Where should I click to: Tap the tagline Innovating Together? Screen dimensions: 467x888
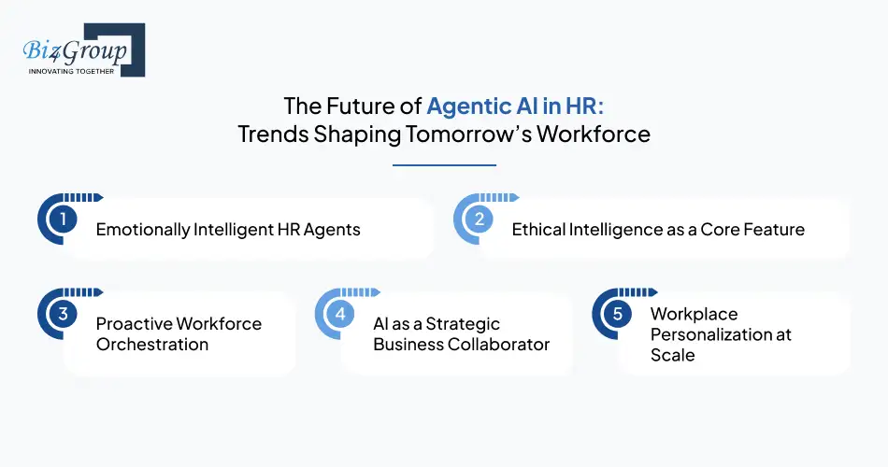click(x=72, y=71)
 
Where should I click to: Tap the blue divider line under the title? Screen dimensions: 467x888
click(x=444, y=165)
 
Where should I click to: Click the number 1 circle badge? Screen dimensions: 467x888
click(x=63, y=220)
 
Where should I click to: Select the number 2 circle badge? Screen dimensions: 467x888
click(x=478, y=220)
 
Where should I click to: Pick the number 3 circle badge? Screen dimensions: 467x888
click(x=63, y=315)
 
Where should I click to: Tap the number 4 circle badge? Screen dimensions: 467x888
click(x=340, y=315)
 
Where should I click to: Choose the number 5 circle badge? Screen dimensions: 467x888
click(x=617, y=315)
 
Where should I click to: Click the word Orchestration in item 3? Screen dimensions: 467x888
click(x=152, y=344)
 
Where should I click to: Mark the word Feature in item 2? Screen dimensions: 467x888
click(x=770, y=230)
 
